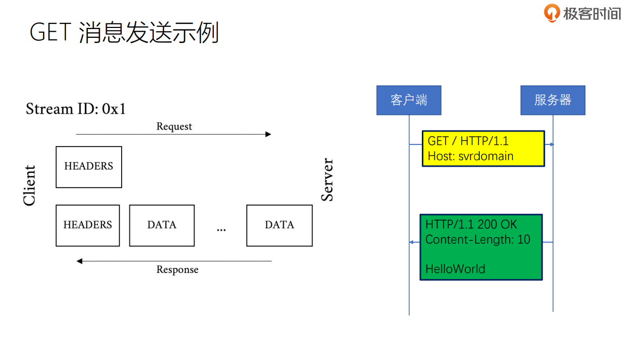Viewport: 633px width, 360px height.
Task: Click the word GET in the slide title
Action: click(x=50, y=33)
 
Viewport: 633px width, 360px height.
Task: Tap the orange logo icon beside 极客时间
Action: click(x=552, y=12)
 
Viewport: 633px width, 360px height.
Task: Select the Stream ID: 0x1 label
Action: click(x=76, y=109)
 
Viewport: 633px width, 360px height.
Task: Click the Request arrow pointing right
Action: click(x=173, y=134)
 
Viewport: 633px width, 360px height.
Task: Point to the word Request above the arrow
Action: click(x=174, y=126)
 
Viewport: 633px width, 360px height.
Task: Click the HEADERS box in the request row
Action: click(x=89, y=167)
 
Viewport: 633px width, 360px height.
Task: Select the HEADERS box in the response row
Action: click(x=87, y=225)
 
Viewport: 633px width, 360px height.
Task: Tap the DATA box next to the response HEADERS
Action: click(x=161, y=225)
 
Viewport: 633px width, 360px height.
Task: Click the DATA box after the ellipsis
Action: click(x=279, y=225)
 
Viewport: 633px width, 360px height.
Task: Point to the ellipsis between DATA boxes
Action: click(x=221, y=228)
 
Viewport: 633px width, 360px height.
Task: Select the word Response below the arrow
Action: click(x=178, y=270)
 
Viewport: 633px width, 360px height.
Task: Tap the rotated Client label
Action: click(x=30, y=185)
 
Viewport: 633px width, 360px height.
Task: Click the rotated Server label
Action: click(x=327, y=180)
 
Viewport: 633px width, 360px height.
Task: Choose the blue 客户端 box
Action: click(x=408, y=100)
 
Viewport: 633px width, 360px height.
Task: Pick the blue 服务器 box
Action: click(x=552, y=100)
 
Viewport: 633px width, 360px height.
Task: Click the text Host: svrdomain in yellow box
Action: click(x=470, y=156)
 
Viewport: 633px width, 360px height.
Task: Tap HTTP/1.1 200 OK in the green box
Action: click(x=470, y=225)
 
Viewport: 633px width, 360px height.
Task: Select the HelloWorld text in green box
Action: click(x=455, y=269)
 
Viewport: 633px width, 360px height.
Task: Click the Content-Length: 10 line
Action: click(x=477, y=240)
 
